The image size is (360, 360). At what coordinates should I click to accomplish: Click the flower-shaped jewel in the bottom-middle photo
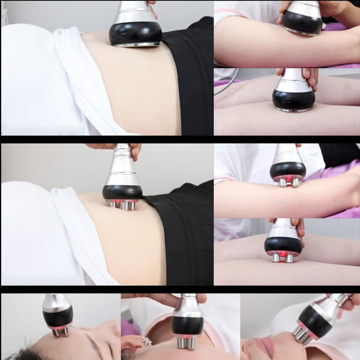[x=146, y=341]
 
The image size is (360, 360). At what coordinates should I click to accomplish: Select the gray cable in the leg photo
[x=227, y=85]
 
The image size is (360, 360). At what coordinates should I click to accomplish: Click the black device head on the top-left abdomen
[x=135, y=33]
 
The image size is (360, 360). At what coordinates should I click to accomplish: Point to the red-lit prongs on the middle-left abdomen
[x=122, y=204]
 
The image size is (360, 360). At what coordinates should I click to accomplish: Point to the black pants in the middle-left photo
[x=184, y=234]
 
